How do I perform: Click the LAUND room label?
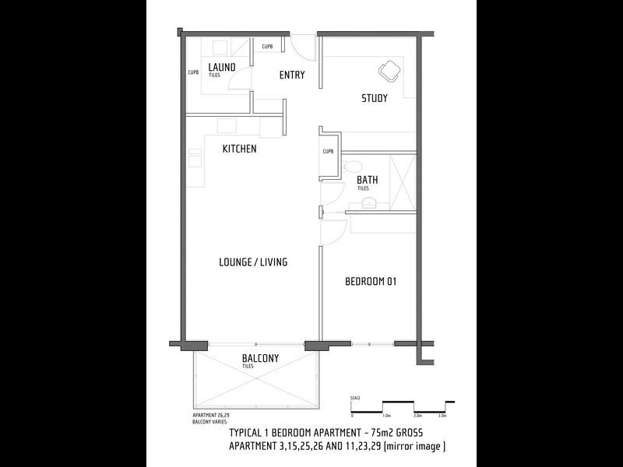(222, 68)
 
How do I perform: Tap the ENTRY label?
(292, 75)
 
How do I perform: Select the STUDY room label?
(375, 98)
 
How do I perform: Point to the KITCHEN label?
(239, 149)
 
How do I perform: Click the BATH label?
(368, 180)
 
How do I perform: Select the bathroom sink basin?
(369, 203)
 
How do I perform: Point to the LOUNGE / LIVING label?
(253, 262)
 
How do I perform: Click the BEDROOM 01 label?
(371, 282)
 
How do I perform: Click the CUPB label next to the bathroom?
(328, 151)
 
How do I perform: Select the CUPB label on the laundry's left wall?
(194, 73)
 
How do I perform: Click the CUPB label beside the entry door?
(267, 46)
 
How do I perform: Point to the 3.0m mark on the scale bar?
(442, 416)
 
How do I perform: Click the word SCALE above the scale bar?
(355, 398)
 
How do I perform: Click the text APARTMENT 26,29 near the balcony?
(210, 416)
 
